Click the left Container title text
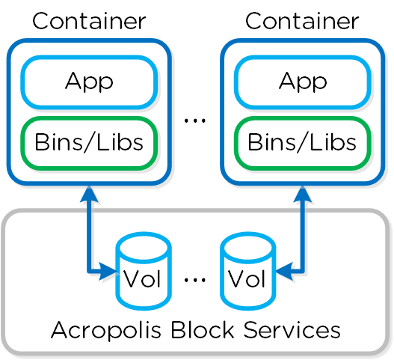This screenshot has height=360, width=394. coord(89,21)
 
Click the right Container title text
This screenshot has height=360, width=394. coord(303,21)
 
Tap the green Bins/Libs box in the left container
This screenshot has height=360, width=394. coord(89,142)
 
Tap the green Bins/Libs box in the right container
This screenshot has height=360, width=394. coord(303,142)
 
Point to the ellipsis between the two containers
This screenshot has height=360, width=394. coord(195,119)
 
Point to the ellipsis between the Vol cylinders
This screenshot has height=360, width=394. coord(195,280)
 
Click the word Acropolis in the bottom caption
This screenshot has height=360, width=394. coord(101,330)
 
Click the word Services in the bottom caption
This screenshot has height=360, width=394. coord(285,330)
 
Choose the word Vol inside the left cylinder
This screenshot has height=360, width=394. coord(143,280)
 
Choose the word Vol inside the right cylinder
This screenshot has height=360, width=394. coord(247,280)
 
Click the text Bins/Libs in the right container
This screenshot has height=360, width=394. coord(303,142)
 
